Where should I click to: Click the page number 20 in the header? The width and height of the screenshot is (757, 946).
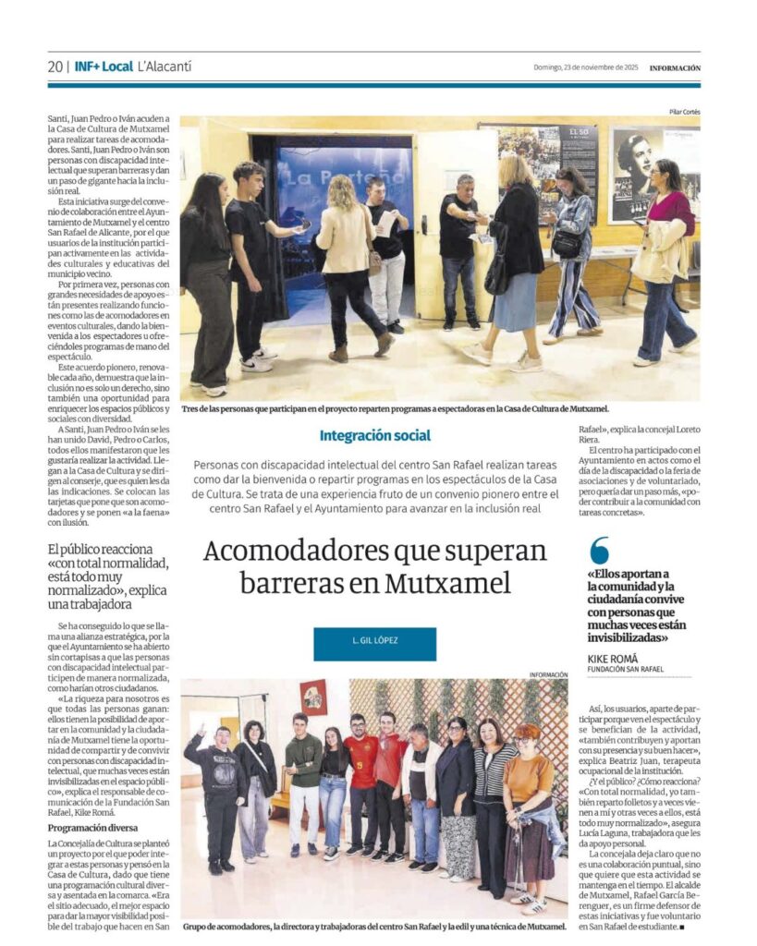coord(55,67)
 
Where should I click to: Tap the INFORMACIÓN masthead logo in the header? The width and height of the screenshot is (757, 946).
coord(675,67)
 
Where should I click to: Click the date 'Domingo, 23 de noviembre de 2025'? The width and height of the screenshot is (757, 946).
coord(586,67)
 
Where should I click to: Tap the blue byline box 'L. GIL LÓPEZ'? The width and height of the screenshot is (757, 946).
coord(374,644)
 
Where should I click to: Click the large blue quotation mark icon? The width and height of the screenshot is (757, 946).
coord(599,551)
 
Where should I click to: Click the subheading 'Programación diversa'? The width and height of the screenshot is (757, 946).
coord(92,828)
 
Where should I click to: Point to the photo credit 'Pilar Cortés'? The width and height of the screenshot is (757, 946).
coord(685,113)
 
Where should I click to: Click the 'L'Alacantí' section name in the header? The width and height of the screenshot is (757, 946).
coord(164,67)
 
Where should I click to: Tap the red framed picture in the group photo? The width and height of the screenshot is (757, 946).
coord(312,697)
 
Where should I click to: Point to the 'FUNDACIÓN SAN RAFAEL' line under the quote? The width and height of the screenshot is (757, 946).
coord(626,669)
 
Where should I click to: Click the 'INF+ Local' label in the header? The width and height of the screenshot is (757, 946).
coord(104,67)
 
